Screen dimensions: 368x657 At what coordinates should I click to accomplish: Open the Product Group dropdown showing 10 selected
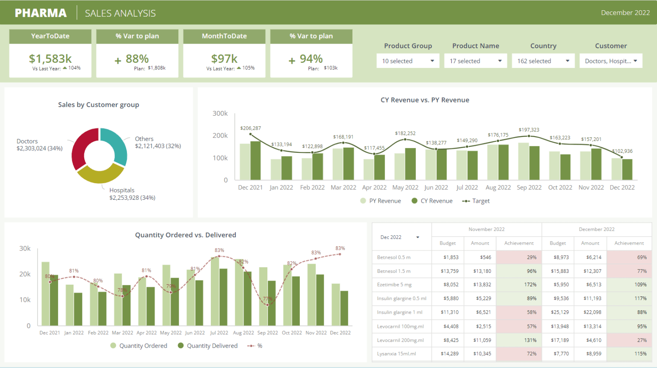[408, 61]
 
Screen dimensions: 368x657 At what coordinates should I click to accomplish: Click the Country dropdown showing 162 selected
[543, 61]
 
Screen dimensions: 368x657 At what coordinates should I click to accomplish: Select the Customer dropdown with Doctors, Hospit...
[610, 61]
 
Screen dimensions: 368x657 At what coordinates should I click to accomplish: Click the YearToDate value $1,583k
[50, 58]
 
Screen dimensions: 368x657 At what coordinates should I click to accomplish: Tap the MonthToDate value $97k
[224, 58]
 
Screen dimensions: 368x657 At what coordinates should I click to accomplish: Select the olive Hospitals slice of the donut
[100, 174]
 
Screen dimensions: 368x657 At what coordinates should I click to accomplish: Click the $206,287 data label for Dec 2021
[250, 128]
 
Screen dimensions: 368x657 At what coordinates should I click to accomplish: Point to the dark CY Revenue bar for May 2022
[410, 164]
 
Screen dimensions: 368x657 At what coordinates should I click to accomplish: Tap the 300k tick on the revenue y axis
[220, 114]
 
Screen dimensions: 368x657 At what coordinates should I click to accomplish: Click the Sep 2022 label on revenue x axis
[529, 187]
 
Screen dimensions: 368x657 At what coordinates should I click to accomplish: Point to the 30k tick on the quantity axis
[25, 248]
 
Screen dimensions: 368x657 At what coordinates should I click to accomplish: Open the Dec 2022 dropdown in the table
[400, 237]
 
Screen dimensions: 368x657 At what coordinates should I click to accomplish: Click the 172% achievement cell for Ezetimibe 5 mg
[518, 285]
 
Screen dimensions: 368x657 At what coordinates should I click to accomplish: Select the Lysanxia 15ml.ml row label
[396, 354]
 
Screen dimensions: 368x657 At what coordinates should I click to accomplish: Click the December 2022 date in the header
[625, 13]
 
